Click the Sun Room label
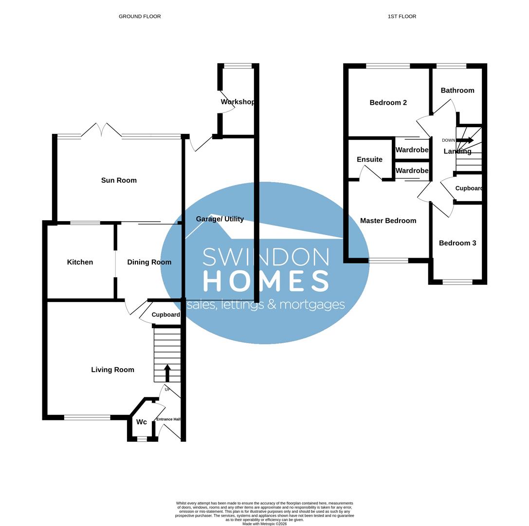coord(119,180)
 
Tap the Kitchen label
coord(80,262)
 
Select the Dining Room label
coord(149,262)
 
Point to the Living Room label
coord(112,370)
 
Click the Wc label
coord(141,422)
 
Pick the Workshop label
coord(237,102)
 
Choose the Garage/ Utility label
coord(219,219)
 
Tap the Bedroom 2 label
coord(388,102)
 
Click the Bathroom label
coord(457,90)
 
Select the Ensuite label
coord(369,159)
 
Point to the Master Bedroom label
coord(388,221)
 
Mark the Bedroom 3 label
coord(457,243)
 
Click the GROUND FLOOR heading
coord(140,17)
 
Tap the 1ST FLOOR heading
coord(401,17)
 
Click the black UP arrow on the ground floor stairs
coord(167,373)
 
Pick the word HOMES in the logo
coord(266,281)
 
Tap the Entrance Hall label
coord(168,419)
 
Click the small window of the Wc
coord(142,439)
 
